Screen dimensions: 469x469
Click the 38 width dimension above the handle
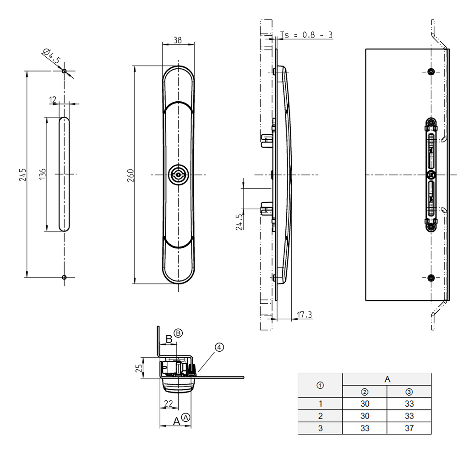point(178,40)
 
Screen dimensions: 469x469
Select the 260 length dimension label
point(130,175)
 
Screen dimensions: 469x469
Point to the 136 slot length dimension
point(42,175)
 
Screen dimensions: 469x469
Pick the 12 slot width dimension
point(53,99)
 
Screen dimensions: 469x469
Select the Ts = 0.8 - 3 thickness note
point(306,35)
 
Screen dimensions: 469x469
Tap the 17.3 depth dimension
point(305,315)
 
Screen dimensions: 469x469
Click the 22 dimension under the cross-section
point(168,403)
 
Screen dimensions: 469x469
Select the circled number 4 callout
point(219,348)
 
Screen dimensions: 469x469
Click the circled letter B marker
point(178,333)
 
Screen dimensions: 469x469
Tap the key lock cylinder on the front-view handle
point(178,175)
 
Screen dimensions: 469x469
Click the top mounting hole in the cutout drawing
point(64,71)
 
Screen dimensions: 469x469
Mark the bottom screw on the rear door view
point(431,278)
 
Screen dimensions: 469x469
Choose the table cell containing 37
point(409,428)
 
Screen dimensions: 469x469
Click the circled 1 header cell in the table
point(320,385)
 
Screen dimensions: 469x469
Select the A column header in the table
point(387,379)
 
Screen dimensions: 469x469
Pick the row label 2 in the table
point(320,416)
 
